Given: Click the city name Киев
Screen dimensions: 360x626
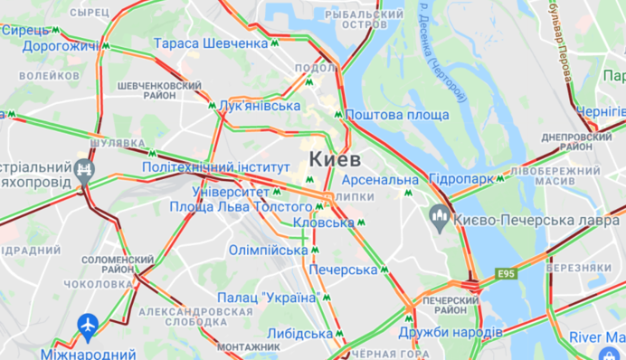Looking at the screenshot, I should pos(335,159).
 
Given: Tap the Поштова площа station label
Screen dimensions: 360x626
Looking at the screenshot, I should pos(397,115).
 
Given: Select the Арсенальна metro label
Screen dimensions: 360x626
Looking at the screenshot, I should pos(381,180).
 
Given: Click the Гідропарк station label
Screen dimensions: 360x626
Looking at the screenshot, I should pos(462,178).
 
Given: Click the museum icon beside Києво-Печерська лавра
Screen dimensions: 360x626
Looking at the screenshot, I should pos(440,216).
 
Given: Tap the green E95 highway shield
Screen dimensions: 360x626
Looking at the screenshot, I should pos(507,272).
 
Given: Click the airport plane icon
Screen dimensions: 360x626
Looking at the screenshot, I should pos(88,324).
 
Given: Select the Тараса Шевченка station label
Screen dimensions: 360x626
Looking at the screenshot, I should pos(211,43).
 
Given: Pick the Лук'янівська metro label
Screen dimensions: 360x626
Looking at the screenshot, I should pos(260,106).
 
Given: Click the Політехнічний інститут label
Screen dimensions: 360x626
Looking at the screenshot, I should pos(216,167).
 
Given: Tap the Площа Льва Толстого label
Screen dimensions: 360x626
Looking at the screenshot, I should pos(242,206).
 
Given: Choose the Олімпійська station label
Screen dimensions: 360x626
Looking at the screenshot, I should pos(268,250).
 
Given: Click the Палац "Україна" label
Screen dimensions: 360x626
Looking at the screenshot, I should pos(267,298).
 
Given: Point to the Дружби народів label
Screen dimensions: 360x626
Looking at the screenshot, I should pos(450,332).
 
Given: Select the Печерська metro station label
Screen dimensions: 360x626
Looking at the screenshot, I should pos(343,270).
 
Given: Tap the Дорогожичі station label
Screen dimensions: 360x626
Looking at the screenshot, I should pos(60,45).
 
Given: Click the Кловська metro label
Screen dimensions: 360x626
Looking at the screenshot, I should pos(325,223).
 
